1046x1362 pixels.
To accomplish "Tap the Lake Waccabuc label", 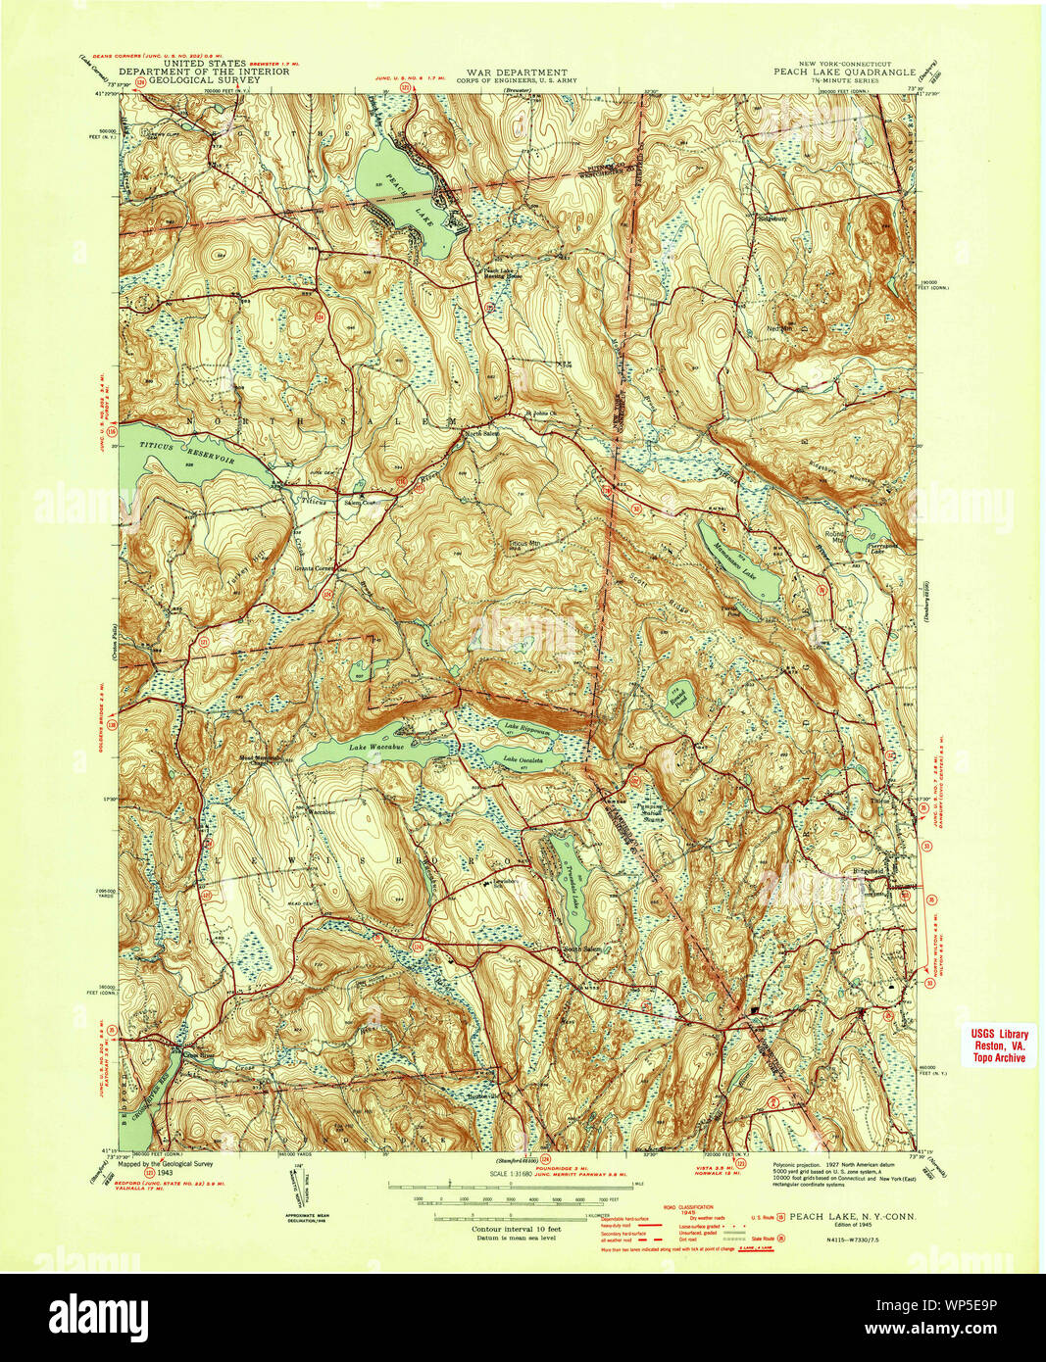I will [376, 747].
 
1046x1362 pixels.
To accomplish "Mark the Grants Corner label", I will [311, 567].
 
